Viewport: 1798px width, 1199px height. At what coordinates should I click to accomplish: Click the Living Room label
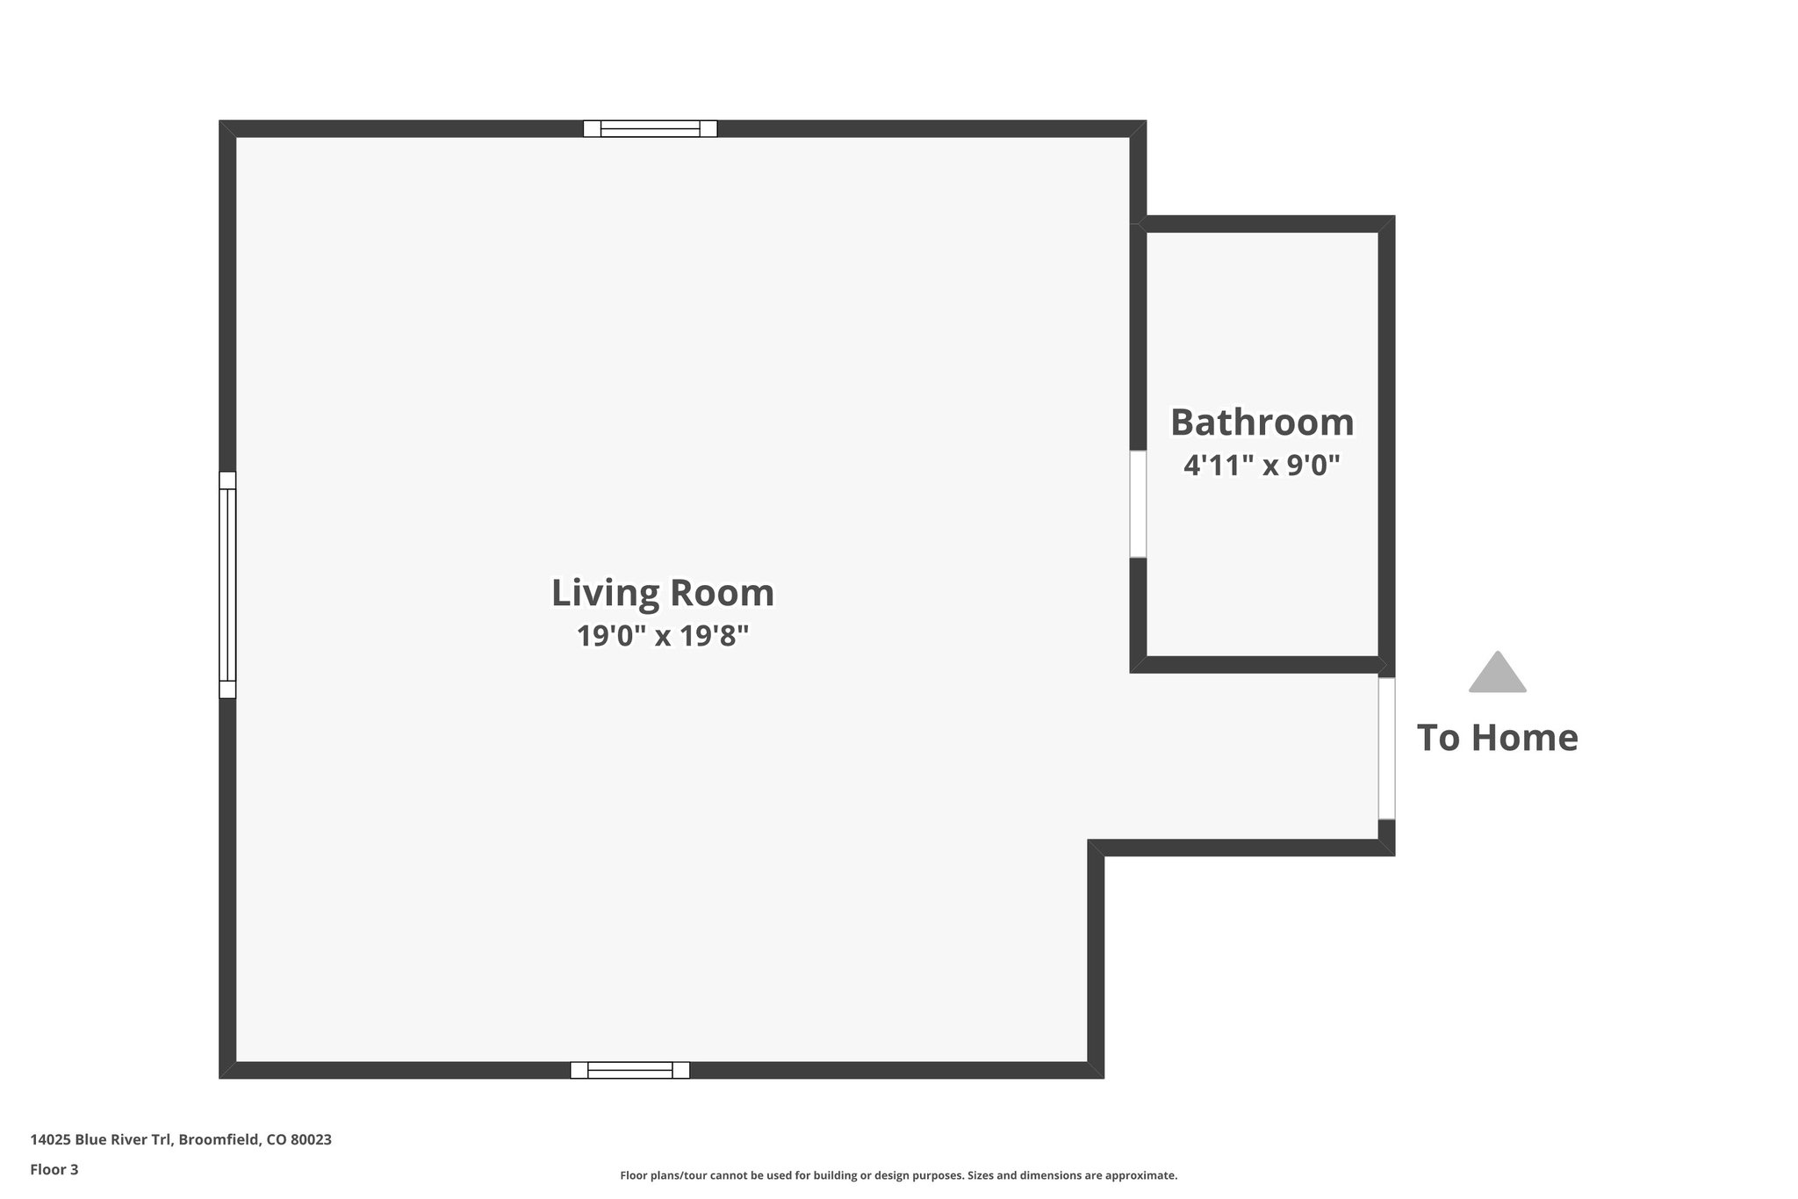pos(663,593)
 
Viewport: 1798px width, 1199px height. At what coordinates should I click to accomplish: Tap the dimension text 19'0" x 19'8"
pos(663,635)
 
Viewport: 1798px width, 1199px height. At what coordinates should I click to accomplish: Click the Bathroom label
pos(1262,423)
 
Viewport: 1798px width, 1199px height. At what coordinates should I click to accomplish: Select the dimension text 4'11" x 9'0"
pos(1262,465)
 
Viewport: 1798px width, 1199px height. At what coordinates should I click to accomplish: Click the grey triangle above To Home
pos(1497,675)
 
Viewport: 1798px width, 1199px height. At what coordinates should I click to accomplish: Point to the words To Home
pos(1497,738)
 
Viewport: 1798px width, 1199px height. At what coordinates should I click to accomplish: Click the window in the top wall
pos(651,129)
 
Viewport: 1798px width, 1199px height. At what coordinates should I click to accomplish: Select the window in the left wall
pos(227,585)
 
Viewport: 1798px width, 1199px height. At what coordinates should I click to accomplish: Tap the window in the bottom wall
pos(630,1070)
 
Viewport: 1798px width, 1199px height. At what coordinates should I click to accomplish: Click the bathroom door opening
pos(1138,504)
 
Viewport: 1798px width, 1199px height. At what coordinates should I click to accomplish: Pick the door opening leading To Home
pos(1386,748)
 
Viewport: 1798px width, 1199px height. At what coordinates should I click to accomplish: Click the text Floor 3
pos(54,1169)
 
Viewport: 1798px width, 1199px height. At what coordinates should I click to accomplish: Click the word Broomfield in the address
pos(219,1140)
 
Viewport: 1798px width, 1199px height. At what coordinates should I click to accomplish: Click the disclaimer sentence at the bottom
pos(898,1175)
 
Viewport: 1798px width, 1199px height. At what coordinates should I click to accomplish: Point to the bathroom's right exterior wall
pos(1386,439)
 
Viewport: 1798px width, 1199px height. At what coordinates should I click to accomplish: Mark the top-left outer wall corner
pos(227,128)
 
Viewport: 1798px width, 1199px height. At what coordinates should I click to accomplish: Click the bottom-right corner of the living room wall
pos(1096,1070)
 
